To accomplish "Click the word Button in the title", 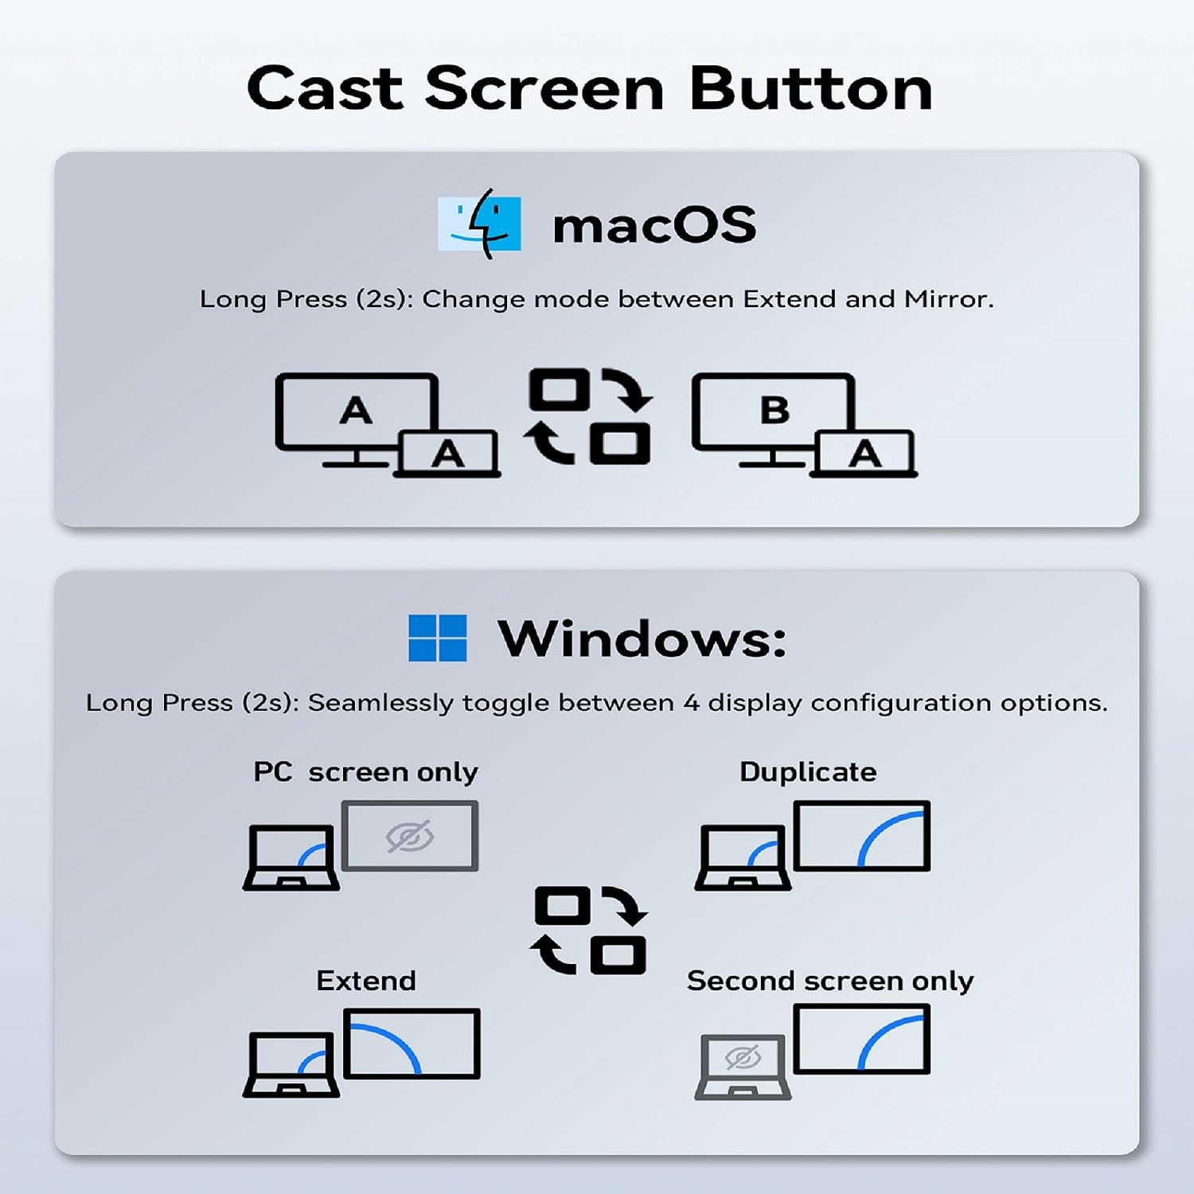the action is pos(811,88).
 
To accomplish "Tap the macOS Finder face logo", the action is pos(479,224).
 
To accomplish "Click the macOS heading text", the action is pos(654,225).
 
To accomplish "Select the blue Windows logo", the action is pos(437,638).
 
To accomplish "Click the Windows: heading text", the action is pos(642,638).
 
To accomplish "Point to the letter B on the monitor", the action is pos(775,411).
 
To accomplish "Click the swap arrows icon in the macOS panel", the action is pos(589,416).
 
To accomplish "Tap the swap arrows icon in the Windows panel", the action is pos(589,930).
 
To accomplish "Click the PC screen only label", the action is pos(365,772).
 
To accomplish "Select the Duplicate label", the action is pos(808,772).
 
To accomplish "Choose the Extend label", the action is pos(366,981).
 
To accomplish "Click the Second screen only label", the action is pos(830,981).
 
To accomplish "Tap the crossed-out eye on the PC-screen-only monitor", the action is pos(410,837).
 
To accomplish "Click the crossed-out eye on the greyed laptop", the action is pos(743,1058).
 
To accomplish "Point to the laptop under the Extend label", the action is pos(291,1065).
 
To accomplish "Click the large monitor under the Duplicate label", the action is pos(862,836).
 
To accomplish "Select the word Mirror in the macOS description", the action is pos(949,299).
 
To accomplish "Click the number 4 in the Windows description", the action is pos(691,703).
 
